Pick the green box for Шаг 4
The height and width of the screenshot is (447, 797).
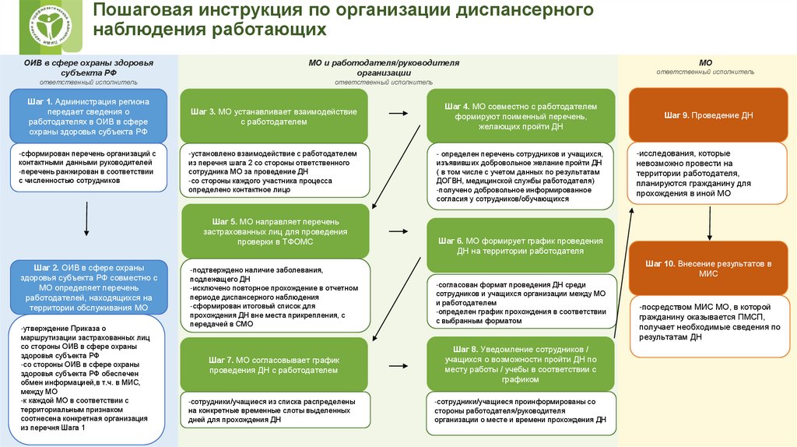(521, 116)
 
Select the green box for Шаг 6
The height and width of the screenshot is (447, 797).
(521, 245)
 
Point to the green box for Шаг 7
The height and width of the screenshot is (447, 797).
(275, 364)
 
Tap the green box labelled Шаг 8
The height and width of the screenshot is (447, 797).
(521, 364)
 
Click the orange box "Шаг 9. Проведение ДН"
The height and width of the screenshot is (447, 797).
(708, 115)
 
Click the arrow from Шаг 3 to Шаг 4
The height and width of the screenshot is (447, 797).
(398, 114)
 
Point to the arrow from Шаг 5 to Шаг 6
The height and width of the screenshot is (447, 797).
(398, 231)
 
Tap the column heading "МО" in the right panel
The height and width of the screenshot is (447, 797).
(705, 62)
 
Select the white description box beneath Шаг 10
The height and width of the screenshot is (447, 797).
(708, 322)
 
